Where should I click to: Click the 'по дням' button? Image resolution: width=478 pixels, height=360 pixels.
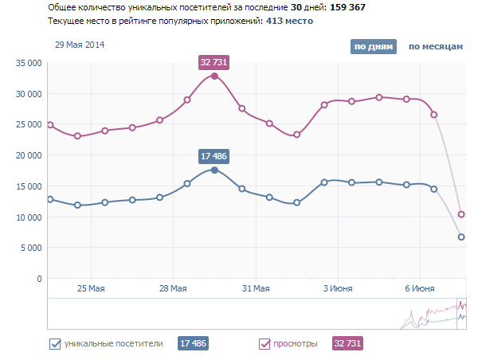[373, 47]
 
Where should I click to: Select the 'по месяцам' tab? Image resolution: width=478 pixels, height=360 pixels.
[435, 47]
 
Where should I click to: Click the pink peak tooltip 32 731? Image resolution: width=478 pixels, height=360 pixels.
[214, 61]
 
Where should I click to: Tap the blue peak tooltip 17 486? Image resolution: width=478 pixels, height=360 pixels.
[214, 156]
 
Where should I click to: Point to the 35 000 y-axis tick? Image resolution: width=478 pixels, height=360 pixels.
[29, 63]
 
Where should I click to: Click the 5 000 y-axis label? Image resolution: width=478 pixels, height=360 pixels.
[31, 248]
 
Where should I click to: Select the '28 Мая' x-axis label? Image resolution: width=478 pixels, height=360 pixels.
[173, 288]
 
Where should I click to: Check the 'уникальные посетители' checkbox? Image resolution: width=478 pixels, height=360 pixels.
[55, 344]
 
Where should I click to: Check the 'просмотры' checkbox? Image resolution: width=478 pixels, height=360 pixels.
[265, 344]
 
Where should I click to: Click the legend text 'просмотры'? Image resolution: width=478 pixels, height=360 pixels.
[296, 344]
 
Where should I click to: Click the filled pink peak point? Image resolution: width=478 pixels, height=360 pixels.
[214, 76]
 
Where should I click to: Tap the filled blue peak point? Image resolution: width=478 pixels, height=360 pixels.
[214, 170]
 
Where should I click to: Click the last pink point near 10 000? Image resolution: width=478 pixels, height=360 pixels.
[461, 214]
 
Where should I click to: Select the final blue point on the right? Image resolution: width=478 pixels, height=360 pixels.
[461, 237]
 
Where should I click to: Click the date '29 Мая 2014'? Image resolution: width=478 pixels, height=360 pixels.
[80, 45]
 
